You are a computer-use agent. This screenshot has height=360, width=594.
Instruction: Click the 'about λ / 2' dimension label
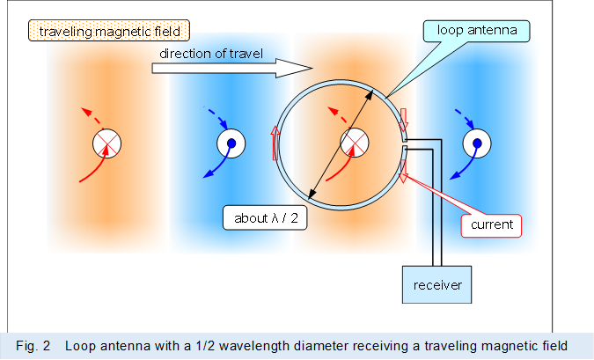pyautogui.click(x=265, y=217)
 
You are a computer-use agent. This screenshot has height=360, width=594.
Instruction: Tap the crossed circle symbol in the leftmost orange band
pyautogui.click(x=107, y=143)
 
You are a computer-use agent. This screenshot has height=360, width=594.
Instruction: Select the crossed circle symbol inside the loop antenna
pyautogui.click(x=353, y=143)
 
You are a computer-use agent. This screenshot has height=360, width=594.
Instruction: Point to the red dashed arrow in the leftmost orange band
pyautogui.click(x=89, y=116)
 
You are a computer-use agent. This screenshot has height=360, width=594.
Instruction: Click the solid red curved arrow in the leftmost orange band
pyautogui.click(x=92, y=167)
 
